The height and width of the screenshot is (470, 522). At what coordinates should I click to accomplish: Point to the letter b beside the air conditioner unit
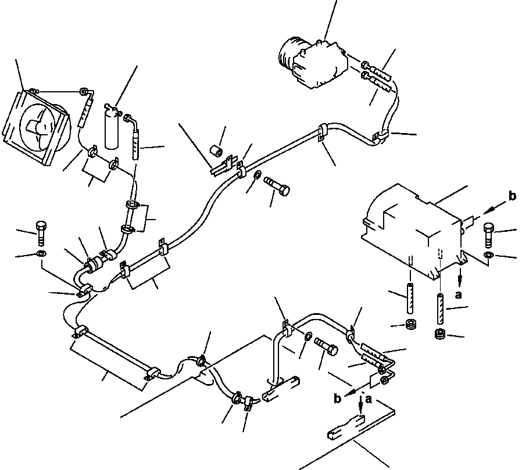(512, 196)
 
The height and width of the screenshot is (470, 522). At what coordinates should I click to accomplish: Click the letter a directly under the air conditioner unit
(459, 295)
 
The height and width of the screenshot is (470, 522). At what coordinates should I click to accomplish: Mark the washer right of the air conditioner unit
(488, 255)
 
